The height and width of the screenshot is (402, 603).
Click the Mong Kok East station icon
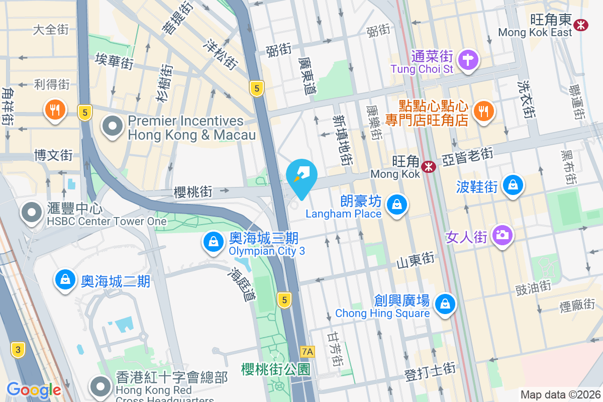pyautogui.click(x=581, y=24)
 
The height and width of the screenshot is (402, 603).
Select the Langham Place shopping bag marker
pyautogui.click(x=397, y=205)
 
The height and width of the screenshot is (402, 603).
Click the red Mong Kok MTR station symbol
pyautogui.click(x=429, y=166)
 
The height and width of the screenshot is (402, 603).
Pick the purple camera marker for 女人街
pyautogui.click(x=501, y=235)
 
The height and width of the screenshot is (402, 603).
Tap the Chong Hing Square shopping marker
pyautogui.click(x=445, y=304)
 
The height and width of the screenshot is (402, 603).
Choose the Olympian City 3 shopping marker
pyautogui.click(x=214, y=242)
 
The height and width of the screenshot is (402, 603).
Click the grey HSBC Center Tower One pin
pyautogui.click(x=32, y=213)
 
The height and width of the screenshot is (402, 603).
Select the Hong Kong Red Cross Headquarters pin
pyautogui.click(x=101, y=386)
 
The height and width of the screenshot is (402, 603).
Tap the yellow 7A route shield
pyautogui.click(x=307, y=352)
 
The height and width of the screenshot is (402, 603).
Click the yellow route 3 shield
pyautogui.click(x=18, y=350)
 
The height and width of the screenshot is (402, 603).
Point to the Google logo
pyautogui.click(x=34, y=390)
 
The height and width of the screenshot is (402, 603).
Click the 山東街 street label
pyautogui.click(x=415, y=260)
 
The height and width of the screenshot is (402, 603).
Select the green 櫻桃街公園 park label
pyautogui.click(x=275, y=369)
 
